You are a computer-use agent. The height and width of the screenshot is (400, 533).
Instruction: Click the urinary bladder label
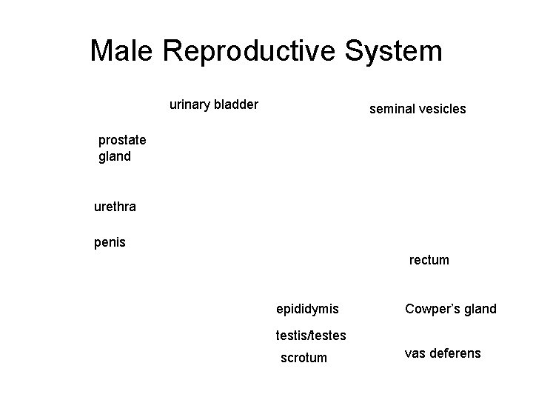tap(214, 104)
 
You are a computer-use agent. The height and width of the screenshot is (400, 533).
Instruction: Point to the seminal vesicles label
tap(418, 109)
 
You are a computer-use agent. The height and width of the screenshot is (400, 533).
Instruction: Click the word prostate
tap(122, 140)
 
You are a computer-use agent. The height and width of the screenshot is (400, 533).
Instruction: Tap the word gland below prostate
tap(115, 156)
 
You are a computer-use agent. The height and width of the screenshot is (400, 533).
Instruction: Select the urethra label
tap(115, 207)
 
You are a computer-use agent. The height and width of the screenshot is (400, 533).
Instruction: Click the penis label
tap(110, 242)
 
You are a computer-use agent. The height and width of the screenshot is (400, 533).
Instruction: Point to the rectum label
tap(429, 260)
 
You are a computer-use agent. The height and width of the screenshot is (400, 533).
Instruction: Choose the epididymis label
tap(307, 308)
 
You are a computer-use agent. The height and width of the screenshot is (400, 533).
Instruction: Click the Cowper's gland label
tap(450, 308)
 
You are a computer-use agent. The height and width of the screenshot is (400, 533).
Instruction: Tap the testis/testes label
tap(311, 335)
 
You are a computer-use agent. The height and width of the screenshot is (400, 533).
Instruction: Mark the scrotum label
tap(304, 358)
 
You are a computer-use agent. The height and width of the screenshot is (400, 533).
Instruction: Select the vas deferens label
tap(442, 353)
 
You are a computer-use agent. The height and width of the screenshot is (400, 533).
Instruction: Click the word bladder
tap(237, 104)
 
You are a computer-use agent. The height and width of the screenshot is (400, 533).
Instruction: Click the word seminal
tap(392, 109)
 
